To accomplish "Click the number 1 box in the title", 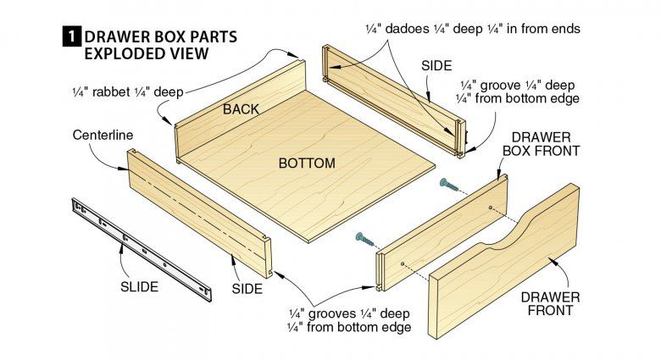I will (x=71, y=36).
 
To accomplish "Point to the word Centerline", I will (x=103, y=135).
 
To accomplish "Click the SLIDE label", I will (x=139, y=287).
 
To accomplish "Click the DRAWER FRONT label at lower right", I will (x=550, y=303).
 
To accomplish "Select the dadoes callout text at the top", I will (x=485, y=29).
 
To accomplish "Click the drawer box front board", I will (x=441, y=229).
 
